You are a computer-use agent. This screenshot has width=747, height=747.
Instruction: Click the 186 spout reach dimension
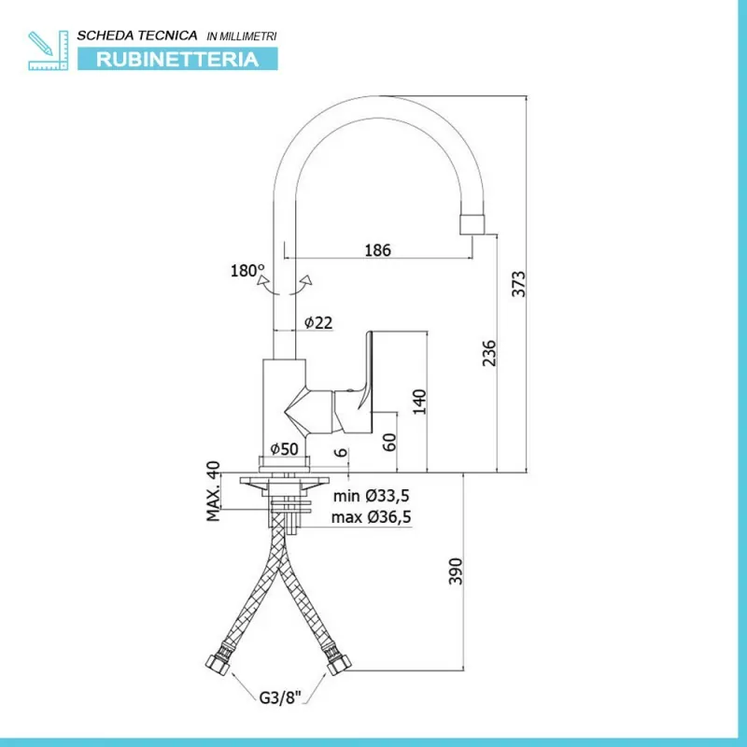pos(377,250)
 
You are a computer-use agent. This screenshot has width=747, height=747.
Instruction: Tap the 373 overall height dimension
pos(518,284)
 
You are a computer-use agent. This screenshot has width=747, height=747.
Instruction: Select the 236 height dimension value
pos(489,353)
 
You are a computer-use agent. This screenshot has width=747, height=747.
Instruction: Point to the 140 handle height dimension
pos(419,402)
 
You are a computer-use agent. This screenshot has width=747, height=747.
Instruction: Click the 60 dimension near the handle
pos(389,442)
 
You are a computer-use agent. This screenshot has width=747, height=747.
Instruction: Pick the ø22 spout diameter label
pos(318,322)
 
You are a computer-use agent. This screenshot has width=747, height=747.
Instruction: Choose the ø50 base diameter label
pos(284,449)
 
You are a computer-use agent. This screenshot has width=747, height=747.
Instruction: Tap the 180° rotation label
pos(247,271)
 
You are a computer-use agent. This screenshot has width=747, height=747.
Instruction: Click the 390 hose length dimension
pos(456,571)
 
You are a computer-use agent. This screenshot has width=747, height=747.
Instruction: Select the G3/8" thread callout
pos(281,698)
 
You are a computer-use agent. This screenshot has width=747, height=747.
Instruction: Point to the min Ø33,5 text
pos(371,496)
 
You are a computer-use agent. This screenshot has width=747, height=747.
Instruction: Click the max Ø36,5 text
pos(371,517)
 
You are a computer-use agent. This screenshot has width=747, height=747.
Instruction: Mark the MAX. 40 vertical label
pos(214,491)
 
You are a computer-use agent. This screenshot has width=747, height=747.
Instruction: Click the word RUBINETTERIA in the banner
pos(177,60)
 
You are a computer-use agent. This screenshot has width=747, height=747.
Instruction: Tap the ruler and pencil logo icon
pos(49,50)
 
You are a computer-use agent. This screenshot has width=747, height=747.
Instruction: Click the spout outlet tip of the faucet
pos(472,225)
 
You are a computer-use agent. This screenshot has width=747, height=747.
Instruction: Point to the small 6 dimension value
pos(341,452)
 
